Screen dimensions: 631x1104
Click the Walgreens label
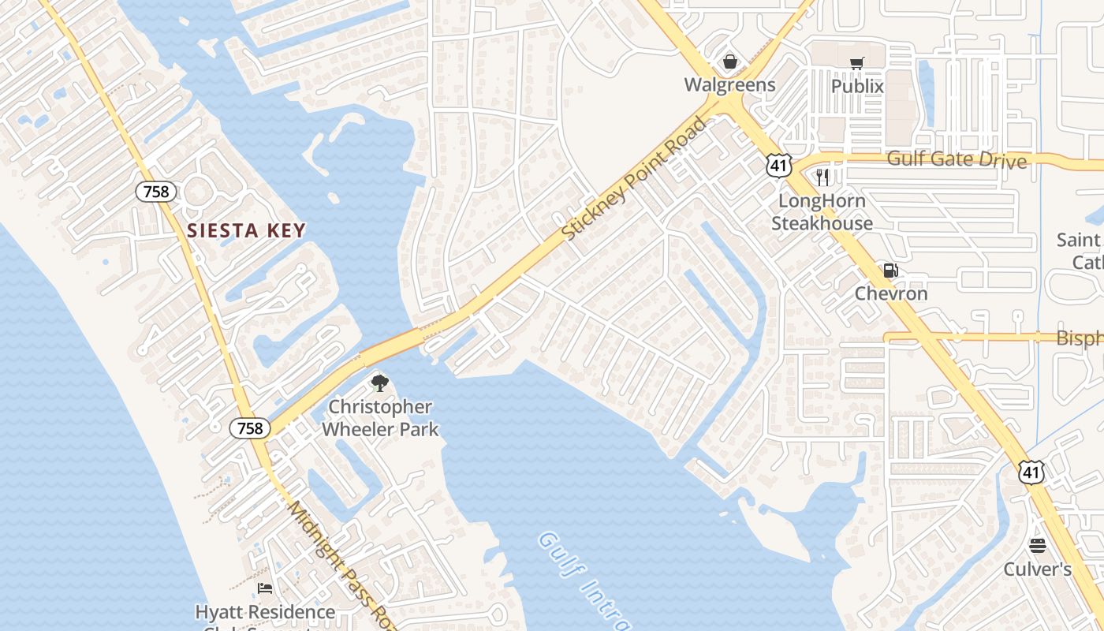click(x=729, y=84)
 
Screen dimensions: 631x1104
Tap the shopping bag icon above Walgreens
click(x=731, y=62)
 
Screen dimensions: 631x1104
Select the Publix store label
click(x=857, y=85)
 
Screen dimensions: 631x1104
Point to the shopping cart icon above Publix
click(x=857, y=63)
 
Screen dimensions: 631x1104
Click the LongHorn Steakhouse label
click(x=822, y=211)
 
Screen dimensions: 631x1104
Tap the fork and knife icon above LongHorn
click(x=822, y=177)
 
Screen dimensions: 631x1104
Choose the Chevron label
click(x=891, y=293)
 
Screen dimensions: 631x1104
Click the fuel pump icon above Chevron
click(x=891, y=271)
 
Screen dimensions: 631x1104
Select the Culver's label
click(x=1037, y=569)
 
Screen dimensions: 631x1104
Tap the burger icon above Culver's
click(x=1037, y=546)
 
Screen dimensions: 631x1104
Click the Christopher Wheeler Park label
click(x=380, y=418)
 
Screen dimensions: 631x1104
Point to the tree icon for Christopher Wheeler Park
click(x=380, y=384)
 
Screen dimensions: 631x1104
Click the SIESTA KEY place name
click(x=246, y=230)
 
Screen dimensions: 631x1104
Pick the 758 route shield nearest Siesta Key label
click(x=156, y=191)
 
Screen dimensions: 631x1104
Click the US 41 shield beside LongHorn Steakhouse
click(x=778, y=164)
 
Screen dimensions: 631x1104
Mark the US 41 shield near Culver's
click(x=1031, y=472)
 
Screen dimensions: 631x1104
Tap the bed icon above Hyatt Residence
click(x=265, y=588)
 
